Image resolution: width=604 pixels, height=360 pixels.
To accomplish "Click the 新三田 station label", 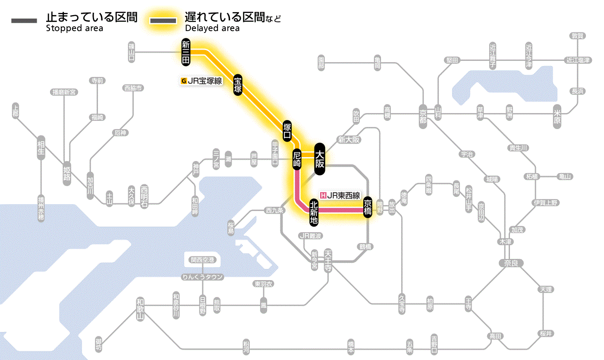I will (186, 52).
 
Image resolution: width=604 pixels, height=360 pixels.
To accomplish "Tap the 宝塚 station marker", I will (238, 85).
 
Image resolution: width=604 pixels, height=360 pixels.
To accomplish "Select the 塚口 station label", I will (287, 131).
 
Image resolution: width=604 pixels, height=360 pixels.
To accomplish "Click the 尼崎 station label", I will (297, 159).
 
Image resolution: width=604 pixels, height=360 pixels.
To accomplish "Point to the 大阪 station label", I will (319, 159).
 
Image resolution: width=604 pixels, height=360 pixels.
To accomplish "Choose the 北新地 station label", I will (314, 212).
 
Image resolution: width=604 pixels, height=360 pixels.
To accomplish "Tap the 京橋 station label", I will (368, 207).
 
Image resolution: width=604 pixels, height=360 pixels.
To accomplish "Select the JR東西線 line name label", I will (340, 195).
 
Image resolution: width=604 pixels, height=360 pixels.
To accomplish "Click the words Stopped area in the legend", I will (74, 28).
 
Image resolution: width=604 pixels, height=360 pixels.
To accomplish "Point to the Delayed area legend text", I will (212, 28).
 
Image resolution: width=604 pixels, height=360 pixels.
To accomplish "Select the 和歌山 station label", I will (140, 308).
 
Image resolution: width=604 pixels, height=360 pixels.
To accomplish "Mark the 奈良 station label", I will (510, 262).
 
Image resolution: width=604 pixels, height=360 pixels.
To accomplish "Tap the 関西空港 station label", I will (202, 260).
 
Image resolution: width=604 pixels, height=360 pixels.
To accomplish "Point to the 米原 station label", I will (557, 117).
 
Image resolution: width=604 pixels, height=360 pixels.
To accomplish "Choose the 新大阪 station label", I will (349, 139).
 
